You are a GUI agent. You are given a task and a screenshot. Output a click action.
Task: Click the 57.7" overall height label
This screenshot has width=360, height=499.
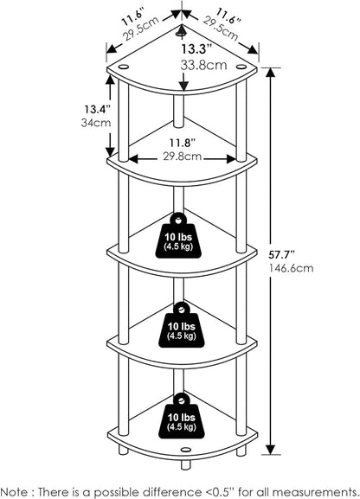(281, 254)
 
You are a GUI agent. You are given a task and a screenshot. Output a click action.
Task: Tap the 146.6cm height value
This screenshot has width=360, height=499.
(291, 268)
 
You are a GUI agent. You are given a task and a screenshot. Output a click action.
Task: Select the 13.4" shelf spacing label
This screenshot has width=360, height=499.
(97, 109)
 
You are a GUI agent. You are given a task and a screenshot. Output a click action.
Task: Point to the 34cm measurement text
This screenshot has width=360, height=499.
(96, 123)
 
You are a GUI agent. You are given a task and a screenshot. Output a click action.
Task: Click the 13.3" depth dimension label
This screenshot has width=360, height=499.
(196, 49)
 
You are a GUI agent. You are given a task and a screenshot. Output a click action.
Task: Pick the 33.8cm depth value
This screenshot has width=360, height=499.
(204, 65)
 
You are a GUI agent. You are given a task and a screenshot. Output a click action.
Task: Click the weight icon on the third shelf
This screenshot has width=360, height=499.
(179, 235)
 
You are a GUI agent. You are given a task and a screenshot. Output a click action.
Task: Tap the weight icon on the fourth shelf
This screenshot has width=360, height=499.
(182, 324)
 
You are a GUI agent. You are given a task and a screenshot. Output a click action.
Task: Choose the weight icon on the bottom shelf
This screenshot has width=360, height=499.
(182, 416)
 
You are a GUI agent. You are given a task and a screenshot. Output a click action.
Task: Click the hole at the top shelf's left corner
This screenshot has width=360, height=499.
(123, 67)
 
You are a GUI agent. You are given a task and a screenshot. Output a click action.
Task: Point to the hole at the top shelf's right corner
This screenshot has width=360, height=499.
(241, 67)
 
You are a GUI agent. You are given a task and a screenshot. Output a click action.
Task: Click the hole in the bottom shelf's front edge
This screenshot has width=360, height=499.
(185, 450)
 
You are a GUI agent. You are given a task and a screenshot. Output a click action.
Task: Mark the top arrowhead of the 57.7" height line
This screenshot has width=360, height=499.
(271, 73)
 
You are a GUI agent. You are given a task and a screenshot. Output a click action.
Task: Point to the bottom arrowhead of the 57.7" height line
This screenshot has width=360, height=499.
(271, 450)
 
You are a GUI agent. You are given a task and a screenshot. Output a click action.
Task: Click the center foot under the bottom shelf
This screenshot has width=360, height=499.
(185, 464)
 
